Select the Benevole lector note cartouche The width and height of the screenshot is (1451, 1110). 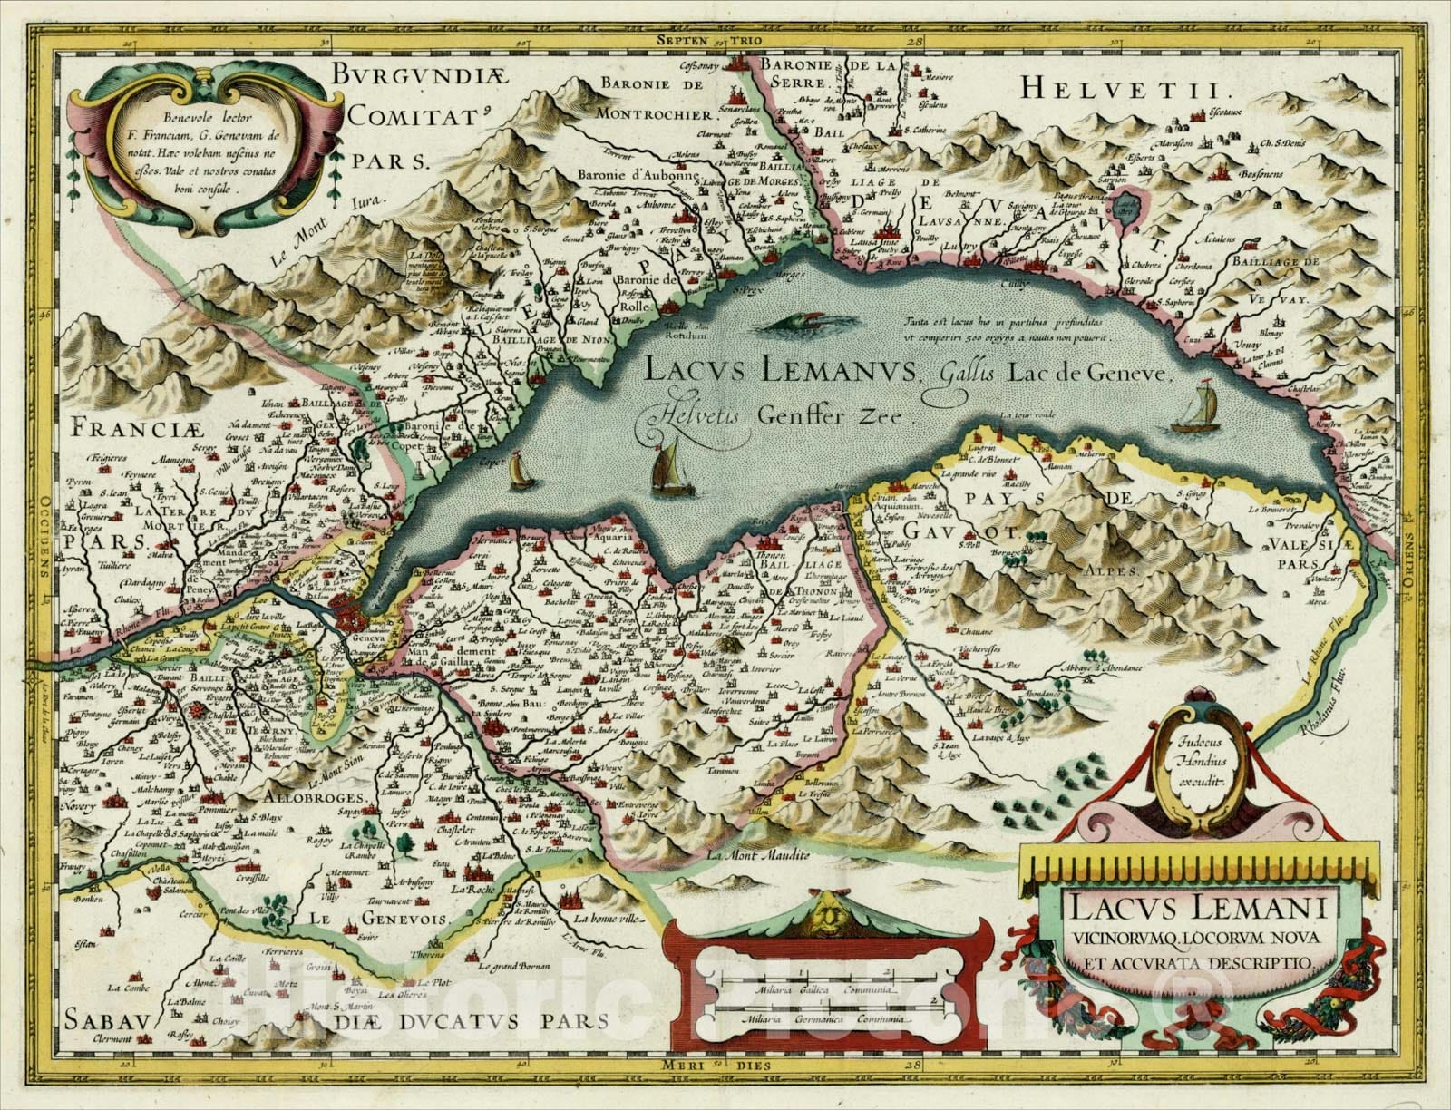(172, 152)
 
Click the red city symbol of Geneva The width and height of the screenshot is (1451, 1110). (348, 613)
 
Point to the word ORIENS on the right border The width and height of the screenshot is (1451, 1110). (1409, 571)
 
